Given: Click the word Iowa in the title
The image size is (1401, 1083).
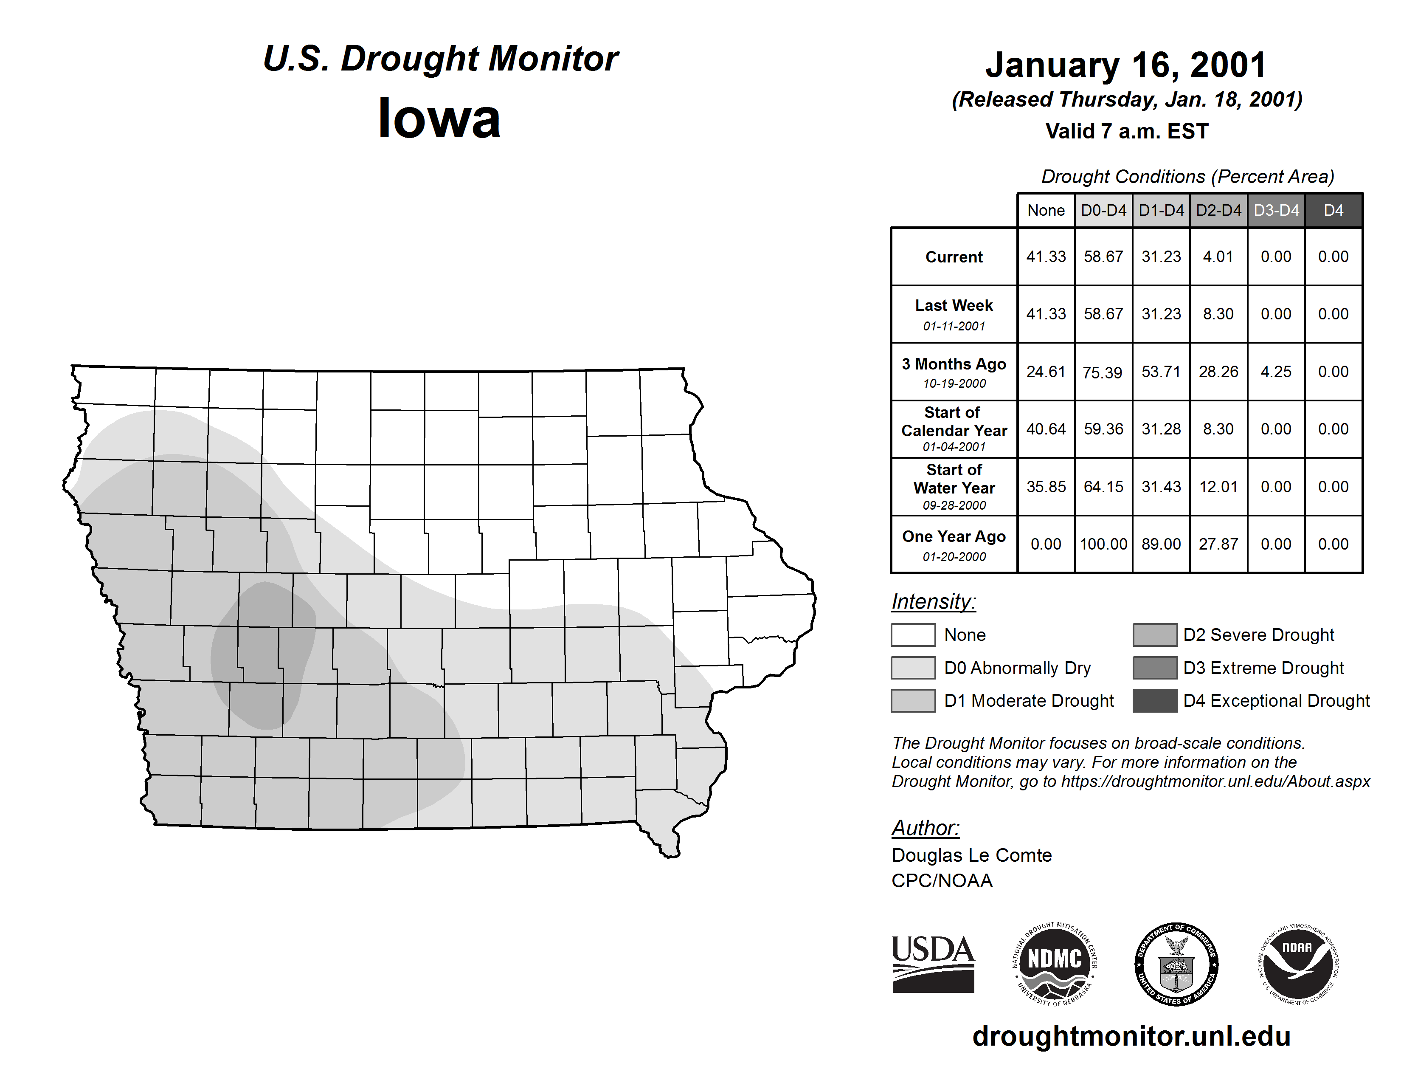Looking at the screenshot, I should [439, 118].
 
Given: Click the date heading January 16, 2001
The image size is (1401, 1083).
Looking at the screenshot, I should [1126, 65].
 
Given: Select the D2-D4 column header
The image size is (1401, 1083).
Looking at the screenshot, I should [1218, 210].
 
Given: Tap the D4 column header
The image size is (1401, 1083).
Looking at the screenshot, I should [1333, 210].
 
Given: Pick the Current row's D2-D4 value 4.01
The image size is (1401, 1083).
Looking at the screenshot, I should [1218, 257].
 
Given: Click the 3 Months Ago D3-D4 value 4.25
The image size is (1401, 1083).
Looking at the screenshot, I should [1275, 372].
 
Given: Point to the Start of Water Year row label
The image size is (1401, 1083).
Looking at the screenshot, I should [954, 486].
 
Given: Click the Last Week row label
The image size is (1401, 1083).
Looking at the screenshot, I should [954, 314].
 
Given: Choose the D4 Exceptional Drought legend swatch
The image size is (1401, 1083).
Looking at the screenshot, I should [1155, 701].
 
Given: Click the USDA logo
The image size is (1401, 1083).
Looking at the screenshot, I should [933, 964].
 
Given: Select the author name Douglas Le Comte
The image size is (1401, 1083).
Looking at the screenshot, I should [971, 855].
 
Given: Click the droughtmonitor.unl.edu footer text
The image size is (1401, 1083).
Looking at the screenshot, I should [1131, 1036].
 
